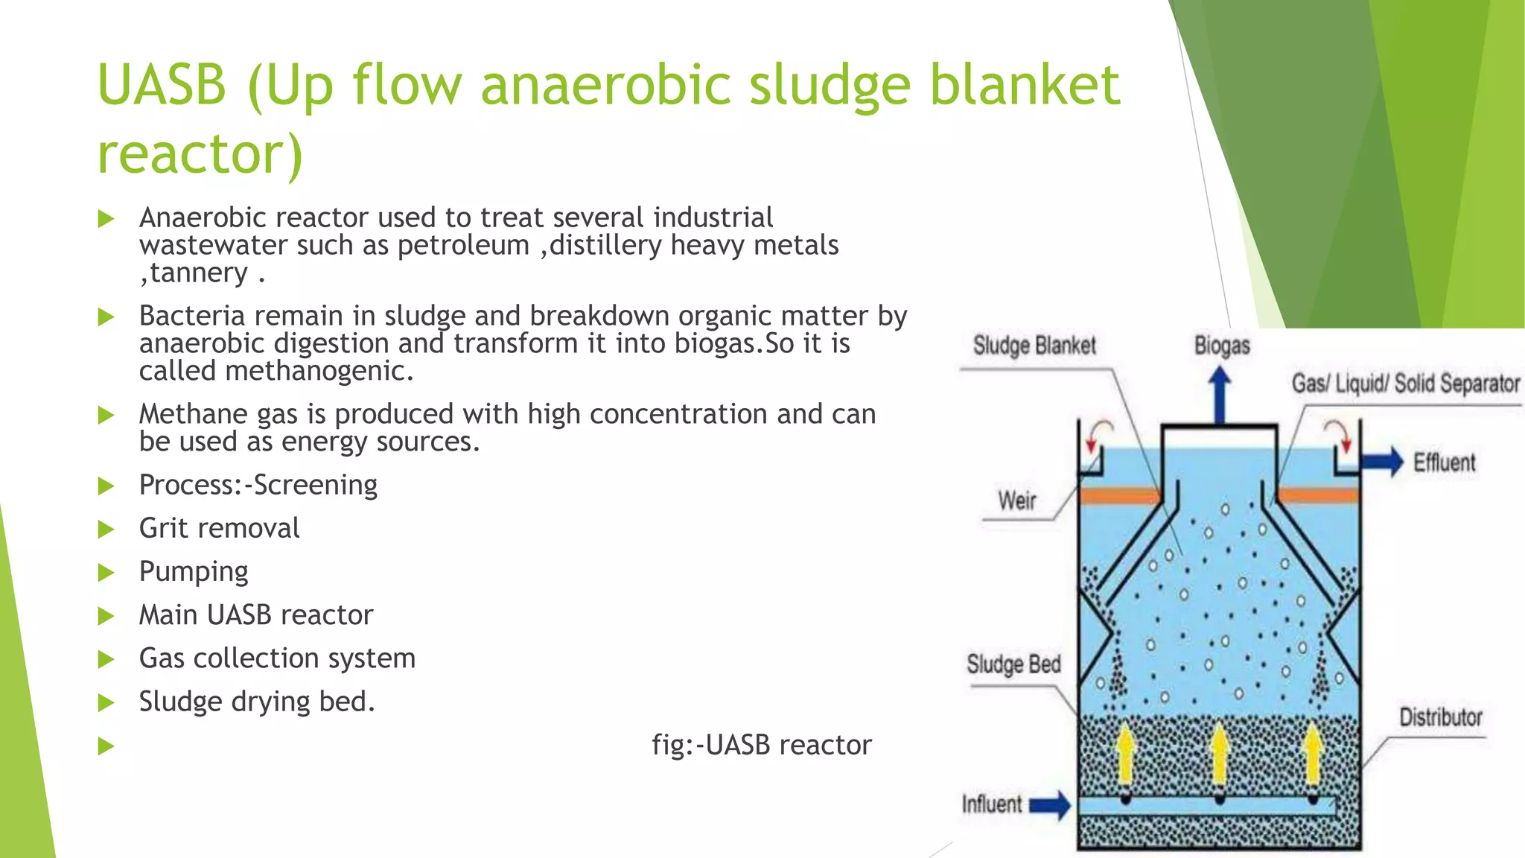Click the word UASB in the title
click(162, 84)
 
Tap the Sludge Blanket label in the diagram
click(1034, 346)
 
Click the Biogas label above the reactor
click(1221, 346)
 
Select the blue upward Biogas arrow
click(1219, 395)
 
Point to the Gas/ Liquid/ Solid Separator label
click(1405, 384)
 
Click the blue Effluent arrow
click(1381, 462)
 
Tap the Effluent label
click(1444, 463)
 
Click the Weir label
click(1016, 500)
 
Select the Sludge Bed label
click(1013, 664)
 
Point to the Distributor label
click(1440, 717)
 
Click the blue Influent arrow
click(1050, 804)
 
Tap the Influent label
click(992, 804)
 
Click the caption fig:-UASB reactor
click(761, 745)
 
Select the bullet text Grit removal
click(219, 528)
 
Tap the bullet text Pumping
click(194, 572)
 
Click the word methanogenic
click(319, 371)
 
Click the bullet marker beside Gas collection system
click(106, 659)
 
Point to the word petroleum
click(463, 245)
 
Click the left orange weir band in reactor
click(1119, 495)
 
